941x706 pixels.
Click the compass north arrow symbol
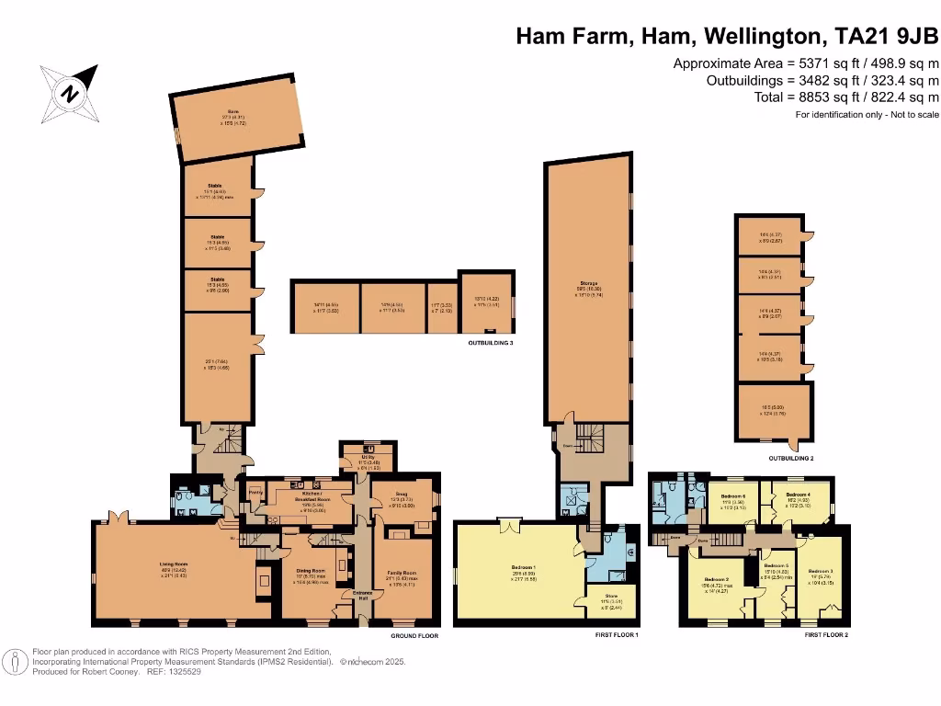tap(70, 92)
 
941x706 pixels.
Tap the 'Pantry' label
tap(255, 493)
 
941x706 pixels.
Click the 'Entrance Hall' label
tap(361, 595)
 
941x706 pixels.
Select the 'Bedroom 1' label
tap(523, 567)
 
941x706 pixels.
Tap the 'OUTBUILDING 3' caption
tap(484, 343)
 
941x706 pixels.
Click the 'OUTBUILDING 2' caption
tap(791, 457)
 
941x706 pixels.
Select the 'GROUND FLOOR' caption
tap(415, 635)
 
